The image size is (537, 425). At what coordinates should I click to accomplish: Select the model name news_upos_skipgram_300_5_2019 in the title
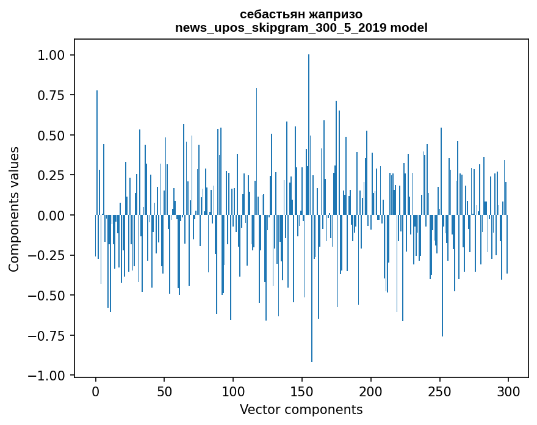click(281, 27)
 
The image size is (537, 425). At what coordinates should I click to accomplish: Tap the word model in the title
click(409, 27)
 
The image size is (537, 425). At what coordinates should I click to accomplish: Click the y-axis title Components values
click(14, 209)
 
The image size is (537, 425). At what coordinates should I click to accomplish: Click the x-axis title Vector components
click(301, 410)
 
